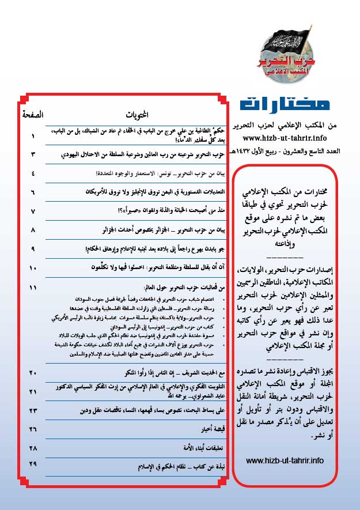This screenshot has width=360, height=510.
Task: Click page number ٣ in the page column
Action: click(x=33, y=155)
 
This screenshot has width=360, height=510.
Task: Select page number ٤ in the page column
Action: click(x=33, y=173)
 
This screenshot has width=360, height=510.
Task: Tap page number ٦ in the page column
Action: click(x=33, y=192)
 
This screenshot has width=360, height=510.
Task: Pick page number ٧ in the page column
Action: click(x=33, y=211)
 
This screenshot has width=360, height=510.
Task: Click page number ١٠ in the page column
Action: click(x=33, y=267)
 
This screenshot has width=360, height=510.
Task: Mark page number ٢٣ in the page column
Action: click(x=33, y=410)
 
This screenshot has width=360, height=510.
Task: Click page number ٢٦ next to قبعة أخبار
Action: click(x=33, y=429)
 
